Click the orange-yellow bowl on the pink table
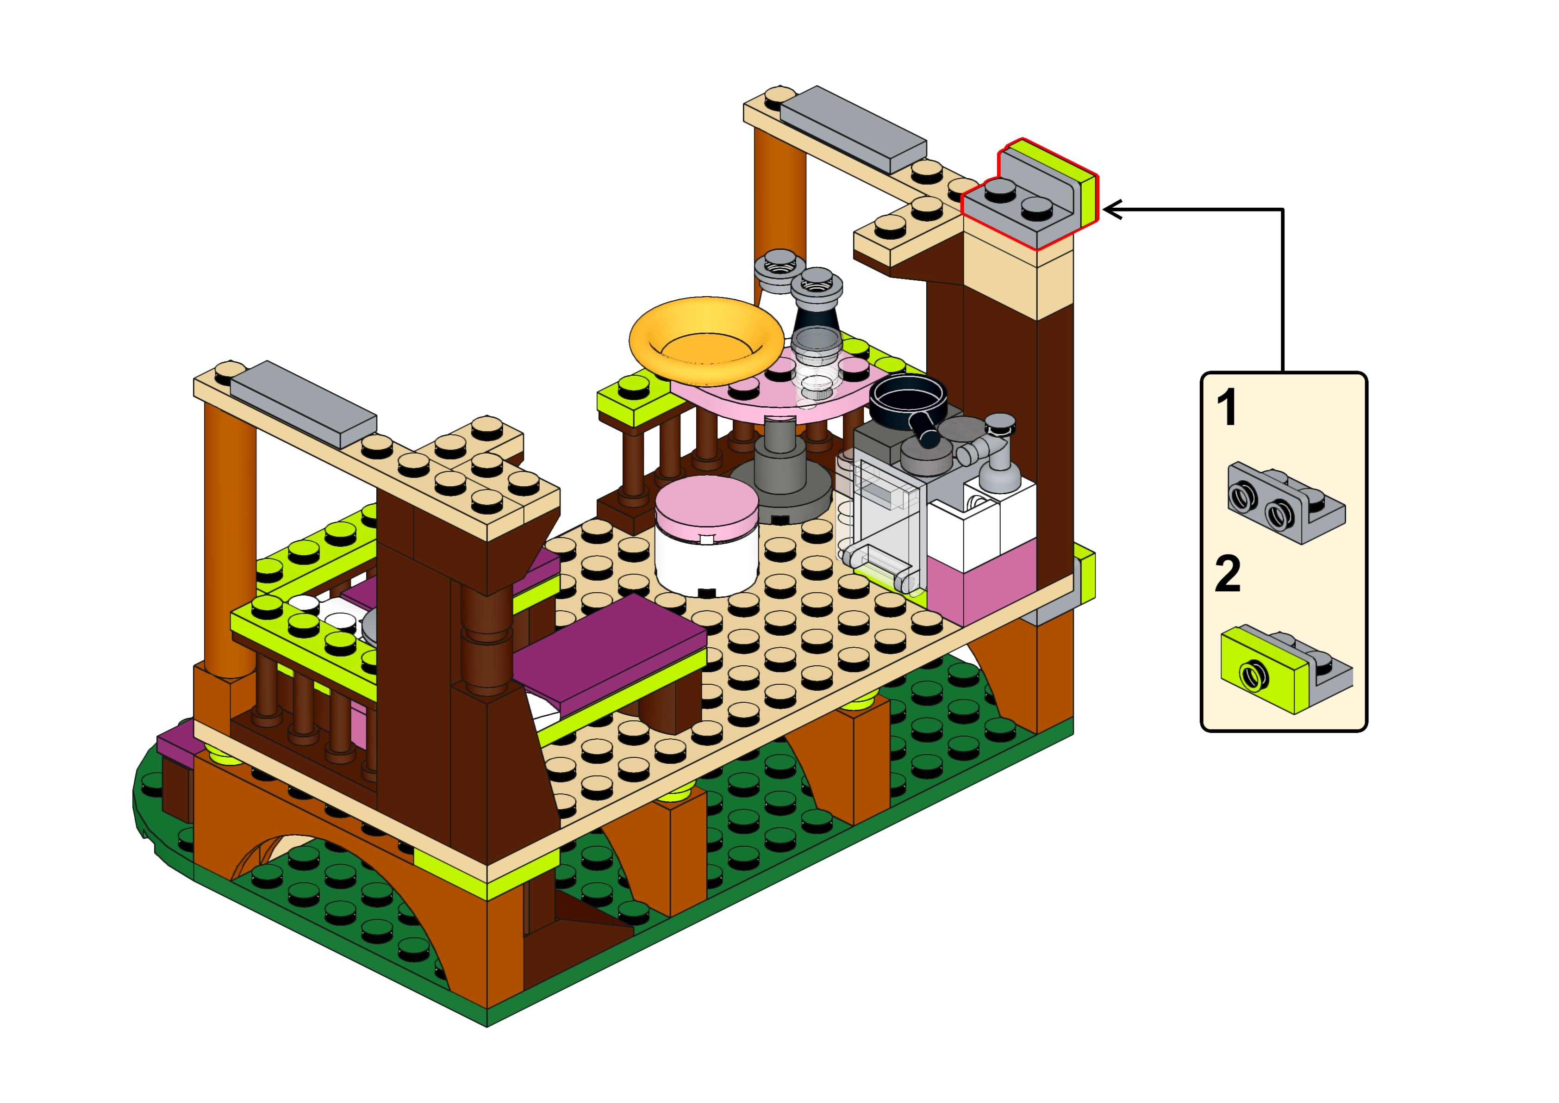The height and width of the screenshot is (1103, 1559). click(x=706, y=340)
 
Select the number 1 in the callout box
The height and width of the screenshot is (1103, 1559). click(x=1226, y=408)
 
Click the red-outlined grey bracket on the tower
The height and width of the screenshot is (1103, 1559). click(x=1029, y=196)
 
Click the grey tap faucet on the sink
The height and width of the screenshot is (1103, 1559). click(x=992, y=452)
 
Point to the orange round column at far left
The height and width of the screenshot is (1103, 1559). click(x=230, y=540)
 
